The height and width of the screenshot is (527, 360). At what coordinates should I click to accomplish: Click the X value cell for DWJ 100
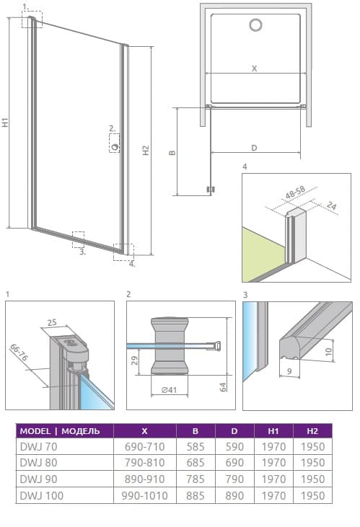pos(145,496)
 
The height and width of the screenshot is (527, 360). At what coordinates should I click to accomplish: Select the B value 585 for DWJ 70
pos(196,447)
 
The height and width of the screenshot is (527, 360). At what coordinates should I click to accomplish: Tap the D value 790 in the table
pos(234,479)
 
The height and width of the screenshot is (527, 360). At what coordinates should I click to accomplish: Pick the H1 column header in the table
pos(273,431)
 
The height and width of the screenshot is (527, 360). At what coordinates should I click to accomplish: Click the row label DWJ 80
pos(39,463)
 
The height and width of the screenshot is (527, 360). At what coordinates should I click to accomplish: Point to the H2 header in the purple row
pos(312,431)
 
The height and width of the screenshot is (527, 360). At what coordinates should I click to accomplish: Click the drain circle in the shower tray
pos(256,25)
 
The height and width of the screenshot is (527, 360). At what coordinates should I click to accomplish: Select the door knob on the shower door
pos(115,146)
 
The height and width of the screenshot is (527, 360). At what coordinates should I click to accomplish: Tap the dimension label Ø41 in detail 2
pos(169,390)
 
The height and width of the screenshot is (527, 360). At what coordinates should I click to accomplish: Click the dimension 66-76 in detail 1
pos(19,353)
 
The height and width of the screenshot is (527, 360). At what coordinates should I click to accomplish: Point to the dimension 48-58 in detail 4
pos(295,192)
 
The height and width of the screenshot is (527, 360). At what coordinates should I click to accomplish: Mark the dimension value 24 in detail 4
pos(331,205)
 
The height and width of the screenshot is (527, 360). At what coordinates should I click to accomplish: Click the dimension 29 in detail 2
pos(134,360)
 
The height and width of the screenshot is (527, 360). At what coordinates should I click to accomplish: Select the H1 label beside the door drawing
pos(5,122)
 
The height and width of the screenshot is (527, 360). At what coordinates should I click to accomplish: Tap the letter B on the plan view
pos(172,153)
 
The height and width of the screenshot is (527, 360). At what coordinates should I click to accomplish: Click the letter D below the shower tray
pos(255,148)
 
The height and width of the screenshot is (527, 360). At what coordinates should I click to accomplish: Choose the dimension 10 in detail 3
pos(329,352)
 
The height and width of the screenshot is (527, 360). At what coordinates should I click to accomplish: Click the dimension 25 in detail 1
pos(52,323)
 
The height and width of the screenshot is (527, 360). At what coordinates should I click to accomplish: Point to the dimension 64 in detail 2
pos(223,387)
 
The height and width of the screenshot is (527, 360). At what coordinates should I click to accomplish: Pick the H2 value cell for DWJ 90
pos(312,479)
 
